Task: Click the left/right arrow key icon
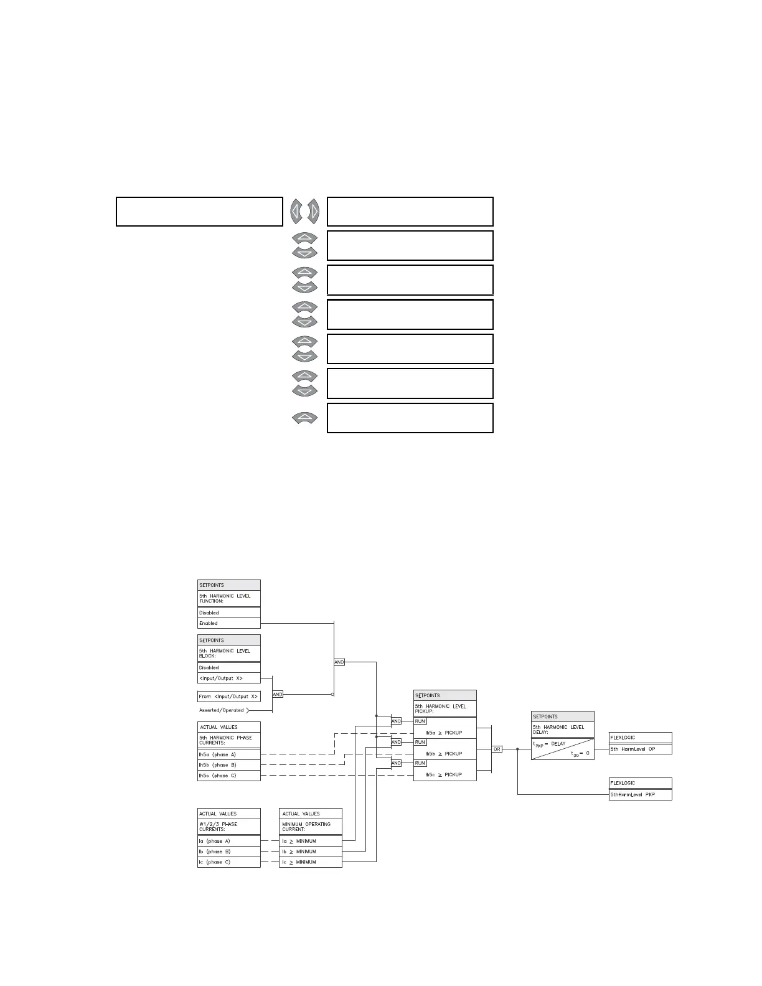point(304,212)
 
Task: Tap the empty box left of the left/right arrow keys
point(199,212)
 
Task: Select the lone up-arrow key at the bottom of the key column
point(304,418)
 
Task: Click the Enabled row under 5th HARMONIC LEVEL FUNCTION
point(228,623)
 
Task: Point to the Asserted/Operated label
point(222,710)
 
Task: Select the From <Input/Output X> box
point(228,696)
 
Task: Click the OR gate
point(497,749)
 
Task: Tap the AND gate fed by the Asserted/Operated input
point(278,694)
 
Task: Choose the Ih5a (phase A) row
point(228,754)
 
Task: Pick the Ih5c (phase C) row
point(228,776)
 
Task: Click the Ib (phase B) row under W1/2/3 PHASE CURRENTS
point(228,852)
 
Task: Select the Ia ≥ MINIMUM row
point(310,841)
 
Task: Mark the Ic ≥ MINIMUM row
point(310,862)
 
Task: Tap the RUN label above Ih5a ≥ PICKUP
point(420,721)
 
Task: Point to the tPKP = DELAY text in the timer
point(550,744)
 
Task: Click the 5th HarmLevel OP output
point(640,749)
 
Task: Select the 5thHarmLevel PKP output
point(640,795)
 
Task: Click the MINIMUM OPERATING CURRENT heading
point(310,827)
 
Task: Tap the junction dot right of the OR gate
point(517,749)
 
